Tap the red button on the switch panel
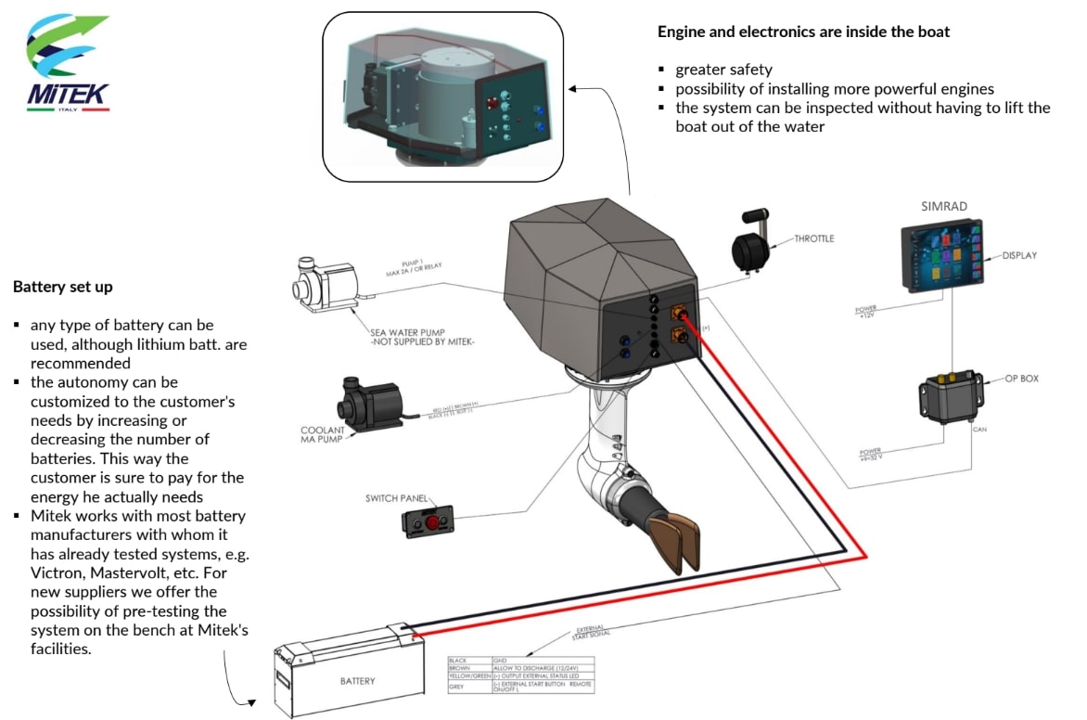432,523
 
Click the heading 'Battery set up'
63,287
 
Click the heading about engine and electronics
803,32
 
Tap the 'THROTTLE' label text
814,238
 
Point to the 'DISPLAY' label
1020,255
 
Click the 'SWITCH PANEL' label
397,498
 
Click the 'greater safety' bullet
723,70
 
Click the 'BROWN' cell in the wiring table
460,668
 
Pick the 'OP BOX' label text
1023,380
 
